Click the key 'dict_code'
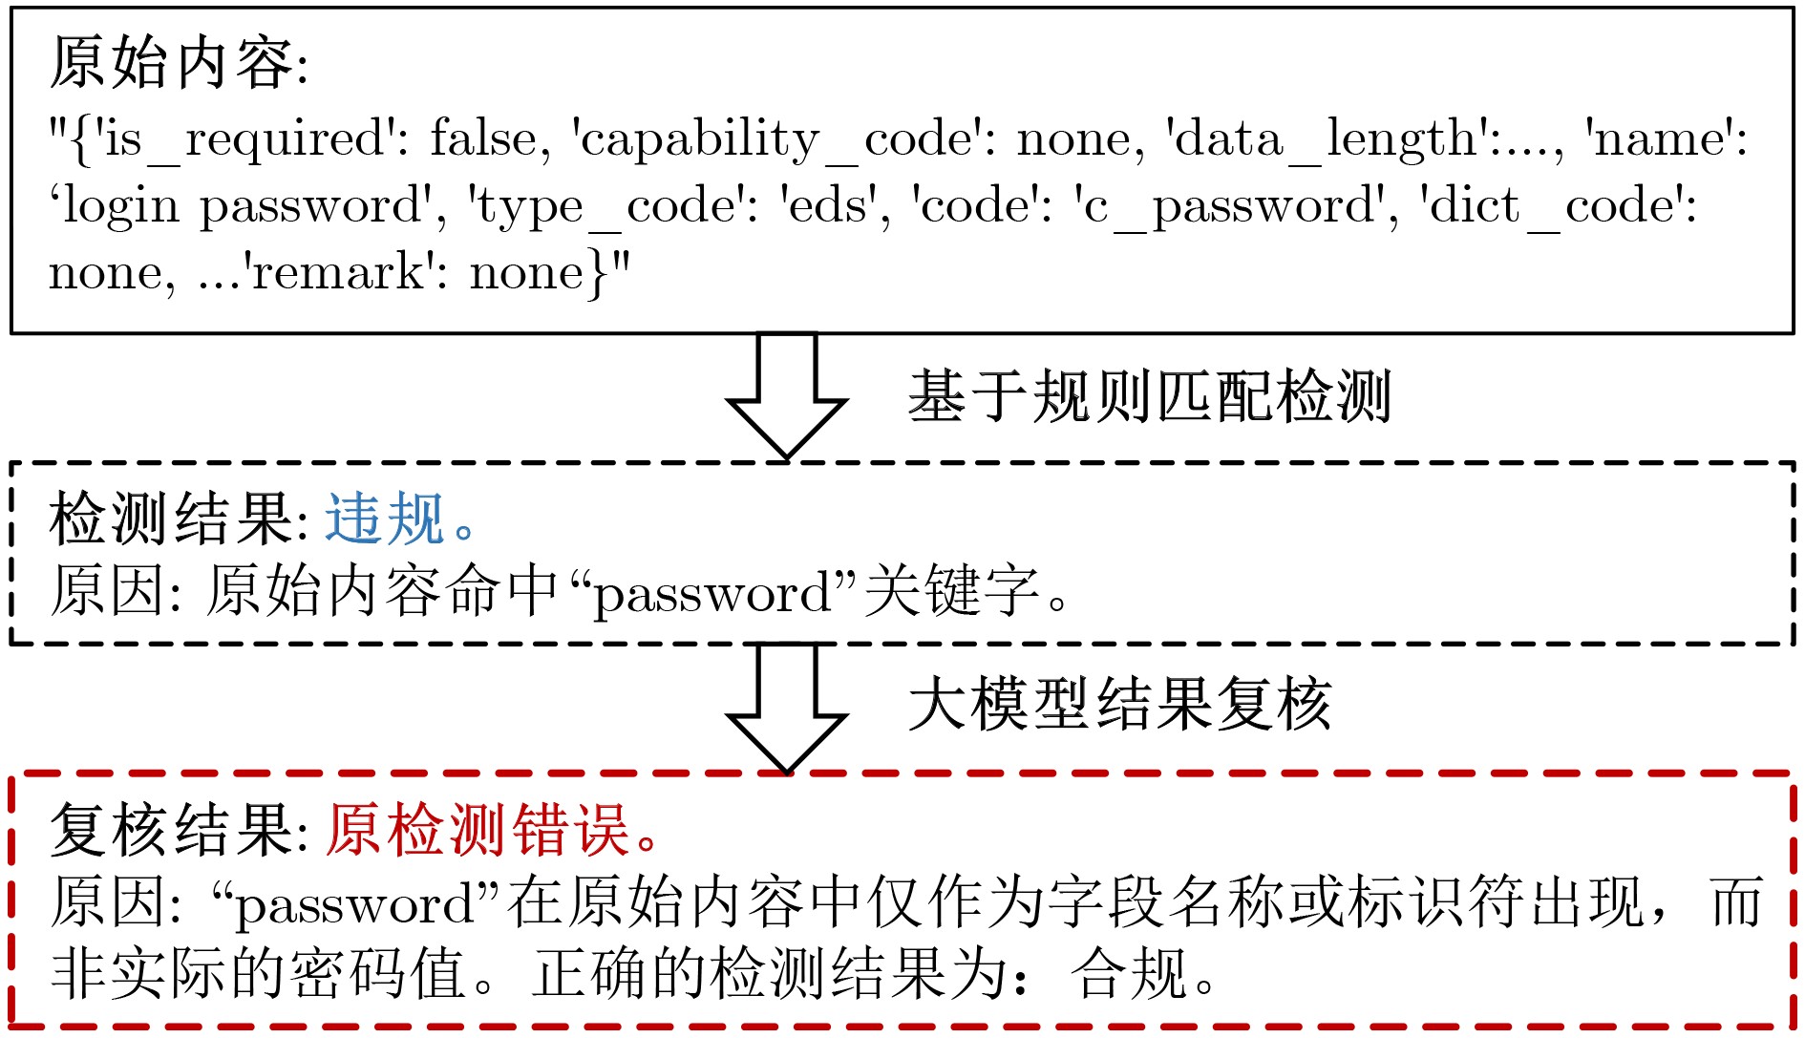click(1553, 205)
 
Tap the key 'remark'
click(338, 272)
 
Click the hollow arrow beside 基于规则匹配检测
click(787, 395)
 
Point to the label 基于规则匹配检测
click(1150, 396)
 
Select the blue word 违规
click(385, 519)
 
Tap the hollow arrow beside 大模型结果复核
click(787, 708)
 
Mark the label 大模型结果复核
click(1120, 705)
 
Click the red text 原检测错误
click(477, 829)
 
